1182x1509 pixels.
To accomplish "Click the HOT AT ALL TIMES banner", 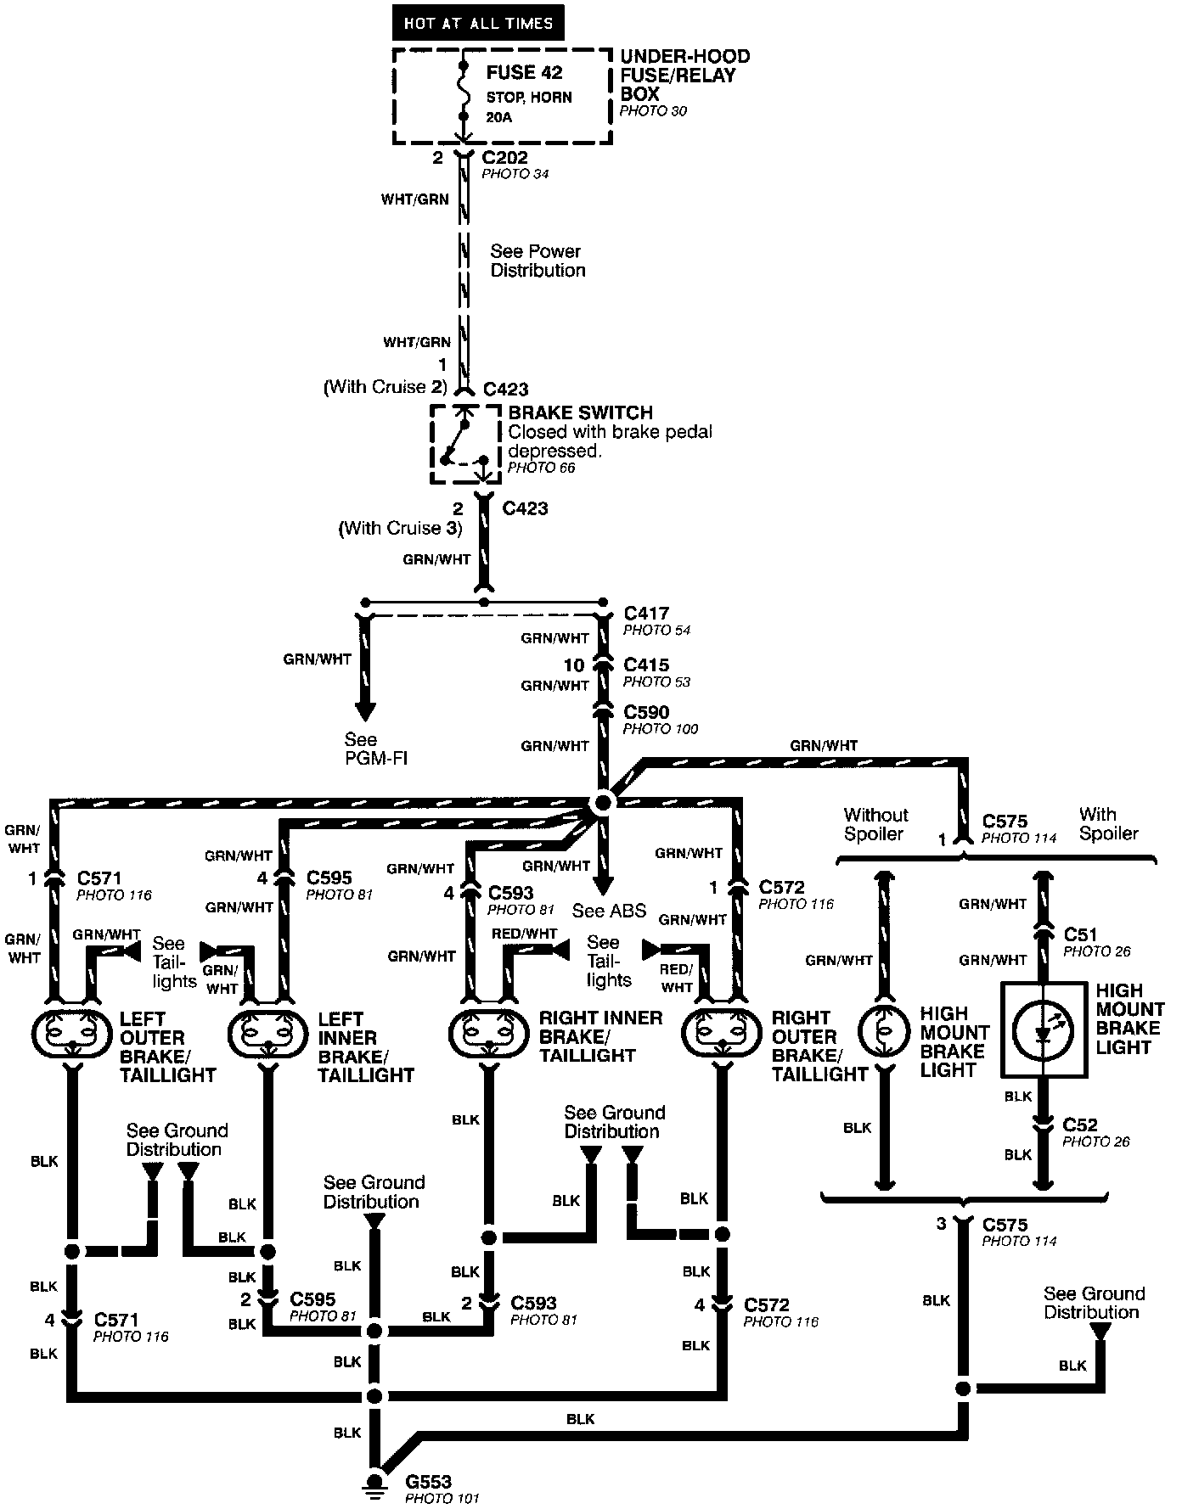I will [x=478, y=24].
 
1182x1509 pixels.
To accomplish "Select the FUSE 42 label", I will [x=524, y=73].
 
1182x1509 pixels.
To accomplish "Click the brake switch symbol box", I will [x=463, y=444].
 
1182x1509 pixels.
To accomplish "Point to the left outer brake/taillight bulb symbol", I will [x=70, y=1034].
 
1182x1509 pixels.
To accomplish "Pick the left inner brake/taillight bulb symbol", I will [x=268, y=1034].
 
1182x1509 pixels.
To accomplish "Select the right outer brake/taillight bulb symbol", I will [x=723, y=1034].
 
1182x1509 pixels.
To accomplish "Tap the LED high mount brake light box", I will [x=1043, y=1029].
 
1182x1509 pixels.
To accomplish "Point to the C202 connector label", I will [x=504, y=158].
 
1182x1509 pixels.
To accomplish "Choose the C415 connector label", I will [x=645, y=665].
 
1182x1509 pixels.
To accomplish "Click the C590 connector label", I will [x=645, y=712].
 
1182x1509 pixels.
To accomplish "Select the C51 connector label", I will [x=1080, y=934].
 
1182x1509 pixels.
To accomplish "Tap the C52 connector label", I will [x=1080, y=1125].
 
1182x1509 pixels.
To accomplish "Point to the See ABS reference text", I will [x=609, y=911].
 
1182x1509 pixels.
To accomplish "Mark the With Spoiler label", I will [x=1108, y=824].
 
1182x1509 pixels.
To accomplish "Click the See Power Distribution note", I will [x=538, y=261].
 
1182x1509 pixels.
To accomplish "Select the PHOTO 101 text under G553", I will [x=442, y=1498].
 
